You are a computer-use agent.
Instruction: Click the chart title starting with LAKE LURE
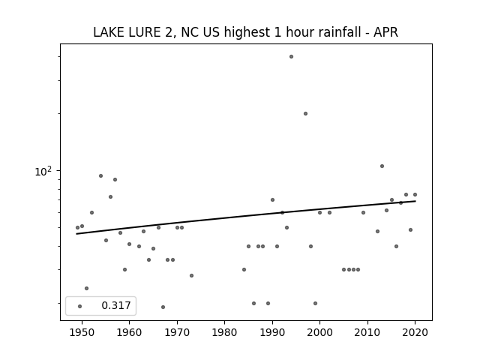point(245,32)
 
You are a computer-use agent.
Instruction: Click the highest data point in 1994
point(291,57)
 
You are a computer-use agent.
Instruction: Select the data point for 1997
point(305,113)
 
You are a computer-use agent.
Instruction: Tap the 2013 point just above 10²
point(382,166)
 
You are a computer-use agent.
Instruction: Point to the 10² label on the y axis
point(43,172)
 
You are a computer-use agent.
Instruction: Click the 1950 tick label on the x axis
point(82,332)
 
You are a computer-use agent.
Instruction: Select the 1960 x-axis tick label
point(129,332)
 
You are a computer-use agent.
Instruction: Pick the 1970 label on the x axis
point(177,332)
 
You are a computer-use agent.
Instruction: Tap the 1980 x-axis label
point(224,332)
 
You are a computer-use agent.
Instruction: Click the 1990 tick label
point(272,332)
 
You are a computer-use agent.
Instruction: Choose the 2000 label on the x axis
point(319,332)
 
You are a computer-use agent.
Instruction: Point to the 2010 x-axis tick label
point(367,332)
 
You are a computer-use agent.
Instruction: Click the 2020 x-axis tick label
point(415,332)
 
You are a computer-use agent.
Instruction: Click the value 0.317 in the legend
point(116,305)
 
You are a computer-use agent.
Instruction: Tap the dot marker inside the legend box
point(80,307)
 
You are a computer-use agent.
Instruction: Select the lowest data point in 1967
point(163,307)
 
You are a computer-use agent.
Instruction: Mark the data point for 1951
point(87,288)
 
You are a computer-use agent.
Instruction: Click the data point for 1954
point(100,176)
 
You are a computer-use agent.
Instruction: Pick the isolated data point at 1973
point(192,275)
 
